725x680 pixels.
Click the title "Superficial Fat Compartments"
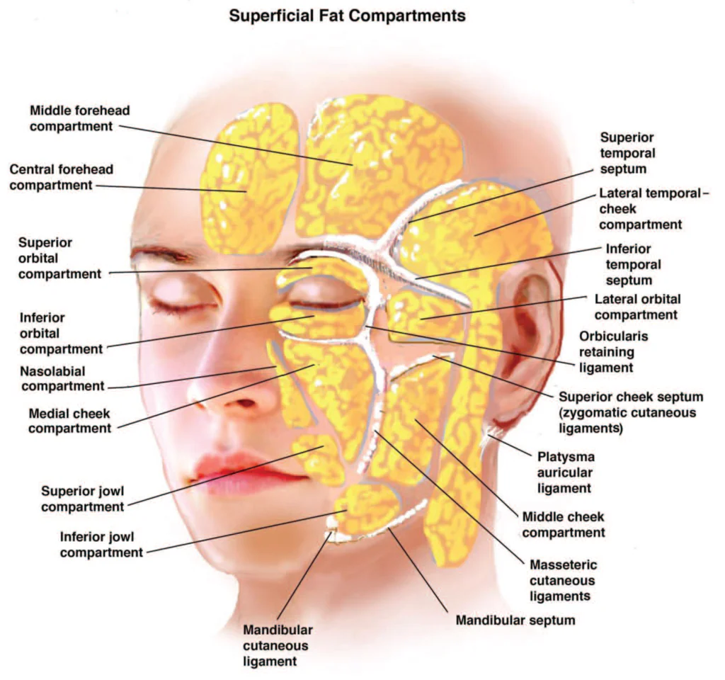click(347, 16)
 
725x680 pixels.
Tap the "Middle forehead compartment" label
click(79, 118)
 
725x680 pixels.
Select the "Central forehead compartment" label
click(61, 177)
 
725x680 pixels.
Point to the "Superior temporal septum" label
click(627, 153)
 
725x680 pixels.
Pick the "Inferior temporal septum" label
click(633, 265)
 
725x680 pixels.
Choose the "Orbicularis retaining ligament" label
click(613, 352)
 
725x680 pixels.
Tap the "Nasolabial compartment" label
click(62, 378)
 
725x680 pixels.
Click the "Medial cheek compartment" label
click(69, 421)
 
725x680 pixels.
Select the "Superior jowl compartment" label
click(82, 499)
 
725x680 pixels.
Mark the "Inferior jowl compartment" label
click(101, 545)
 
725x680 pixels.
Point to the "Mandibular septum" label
click(515, 620)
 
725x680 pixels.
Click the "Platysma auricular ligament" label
click(566, 472)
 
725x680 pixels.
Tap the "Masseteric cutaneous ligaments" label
click(563, 581)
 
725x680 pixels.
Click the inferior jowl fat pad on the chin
click(367, 508)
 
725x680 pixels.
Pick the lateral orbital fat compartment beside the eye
click(423, 314)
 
